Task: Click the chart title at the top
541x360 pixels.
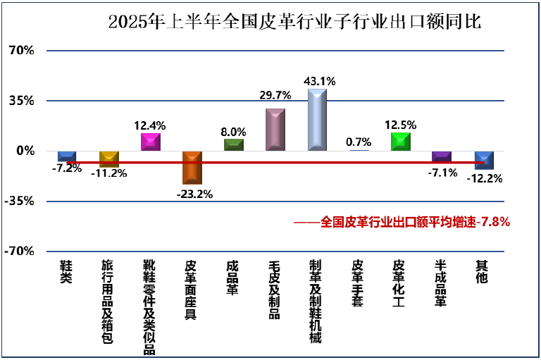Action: tap(294, 21)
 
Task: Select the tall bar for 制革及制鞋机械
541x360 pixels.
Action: tap(317, 120)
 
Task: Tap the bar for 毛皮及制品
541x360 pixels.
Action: tap(275, 130)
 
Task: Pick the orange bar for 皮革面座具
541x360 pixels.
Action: tap(192, 168)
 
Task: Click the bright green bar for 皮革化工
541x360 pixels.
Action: tap(401, 141)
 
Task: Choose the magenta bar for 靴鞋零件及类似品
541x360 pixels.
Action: tap(151, 142)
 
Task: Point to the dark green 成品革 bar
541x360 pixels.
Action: tap(234, 144)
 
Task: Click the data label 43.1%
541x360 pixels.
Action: tap(319, 81)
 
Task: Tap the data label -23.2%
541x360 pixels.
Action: tap(195, 193)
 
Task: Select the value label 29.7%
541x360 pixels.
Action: tap(275, 95)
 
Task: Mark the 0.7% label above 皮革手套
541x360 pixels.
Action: tap(359, 142)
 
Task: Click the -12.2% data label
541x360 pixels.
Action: tap(484, 179)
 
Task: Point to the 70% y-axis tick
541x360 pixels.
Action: tap(21, 51)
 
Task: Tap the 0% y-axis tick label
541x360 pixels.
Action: tap(25, 151)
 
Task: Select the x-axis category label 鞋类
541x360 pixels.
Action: tap(66, 272)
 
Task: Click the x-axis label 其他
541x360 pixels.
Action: tap(482, 272)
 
